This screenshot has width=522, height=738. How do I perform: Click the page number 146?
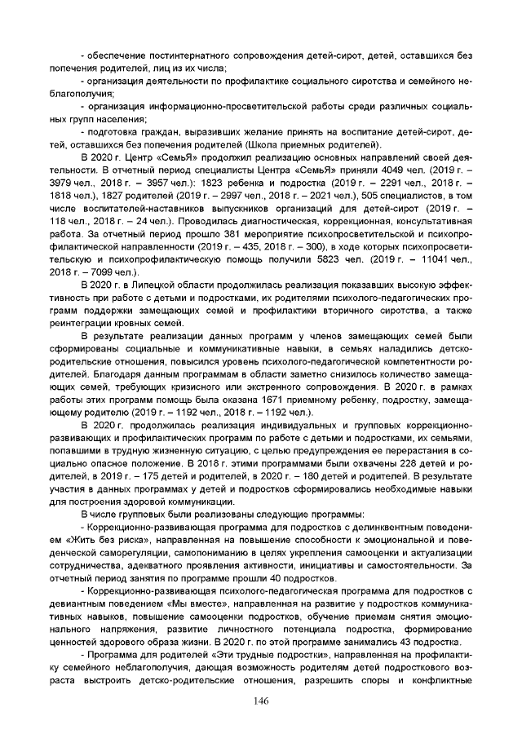[x=261, y=702]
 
